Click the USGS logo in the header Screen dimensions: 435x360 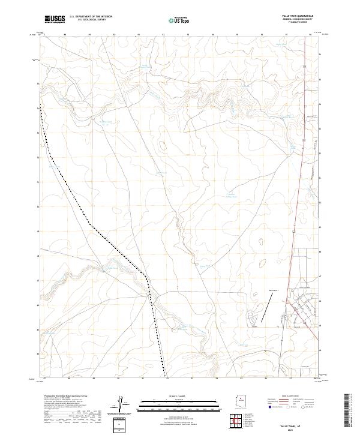click(55, 19)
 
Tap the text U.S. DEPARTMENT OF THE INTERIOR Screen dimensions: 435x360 click(91, 17)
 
